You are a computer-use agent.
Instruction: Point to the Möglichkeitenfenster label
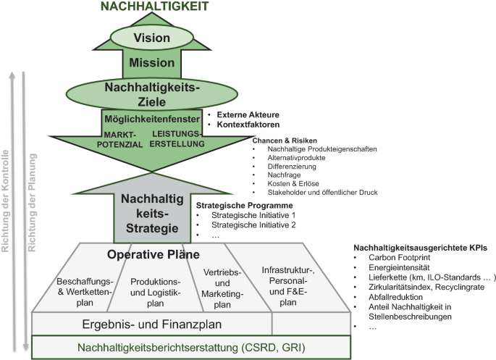(x=151, y=117)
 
